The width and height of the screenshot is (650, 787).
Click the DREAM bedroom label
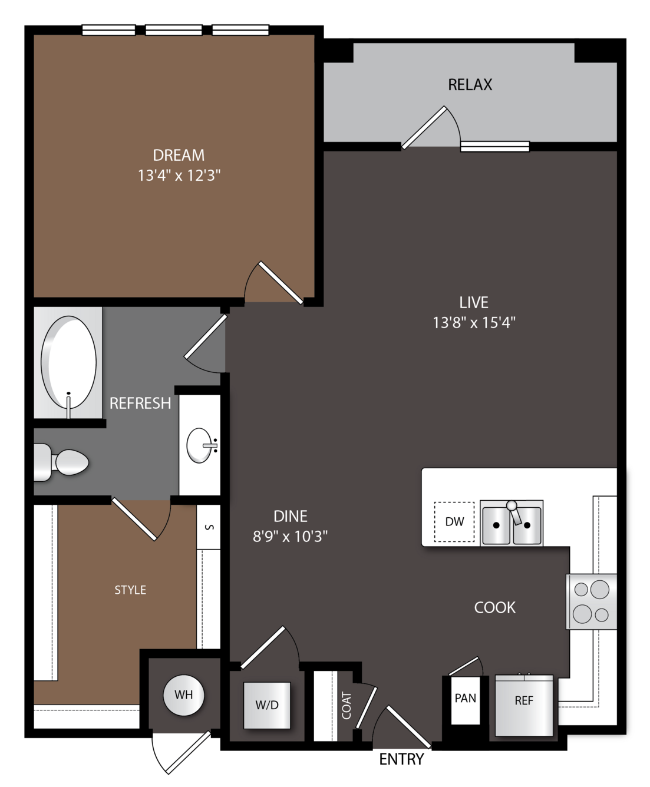(179, 155)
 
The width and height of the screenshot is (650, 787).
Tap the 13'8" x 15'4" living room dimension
(474, 322)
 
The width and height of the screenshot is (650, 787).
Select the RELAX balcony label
(470, 84)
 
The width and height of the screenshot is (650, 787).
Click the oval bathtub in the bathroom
(68, 362)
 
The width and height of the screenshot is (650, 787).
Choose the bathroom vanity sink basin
(200, 445)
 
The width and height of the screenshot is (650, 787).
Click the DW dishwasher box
(454, 522)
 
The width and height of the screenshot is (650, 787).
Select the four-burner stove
(591, 601)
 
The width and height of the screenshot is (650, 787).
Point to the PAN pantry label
(466, 698)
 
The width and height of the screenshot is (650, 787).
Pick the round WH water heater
(184, 695)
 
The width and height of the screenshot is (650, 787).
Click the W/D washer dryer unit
(267, 705)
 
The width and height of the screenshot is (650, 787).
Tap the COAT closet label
(346, 706)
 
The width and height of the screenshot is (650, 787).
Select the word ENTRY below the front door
(401, 759)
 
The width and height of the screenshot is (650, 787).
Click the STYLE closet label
(130, 590)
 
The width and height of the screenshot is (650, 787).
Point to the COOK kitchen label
(494, 607)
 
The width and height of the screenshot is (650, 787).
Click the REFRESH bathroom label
(140, 404)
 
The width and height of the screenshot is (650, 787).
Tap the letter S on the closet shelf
(210, 527)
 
